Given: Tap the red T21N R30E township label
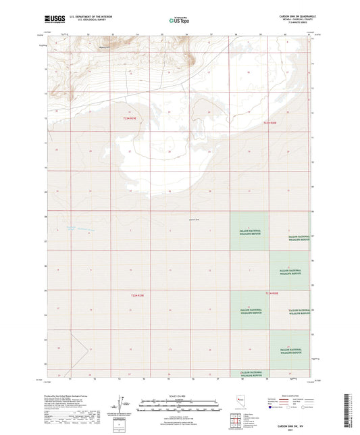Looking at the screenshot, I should click(x=272, y=293).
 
